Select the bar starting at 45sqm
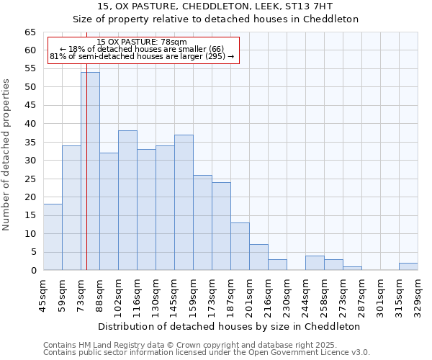[x=53, y=237]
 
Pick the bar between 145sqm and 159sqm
[x=184, y=202]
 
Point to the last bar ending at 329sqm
[x=408, y=266]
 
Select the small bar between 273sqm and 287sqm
[x=352, y=269]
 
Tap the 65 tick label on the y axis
[x=30, y=32]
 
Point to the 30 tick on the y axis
[x=30, y=161]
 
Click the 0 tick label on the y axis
[x=32, y=271]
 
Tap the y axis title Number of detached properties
[x=6, y=154]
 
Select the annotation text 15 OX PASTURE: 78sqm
[x=142, y=42]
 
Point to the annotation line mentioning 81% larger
[x=142, y=56]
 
